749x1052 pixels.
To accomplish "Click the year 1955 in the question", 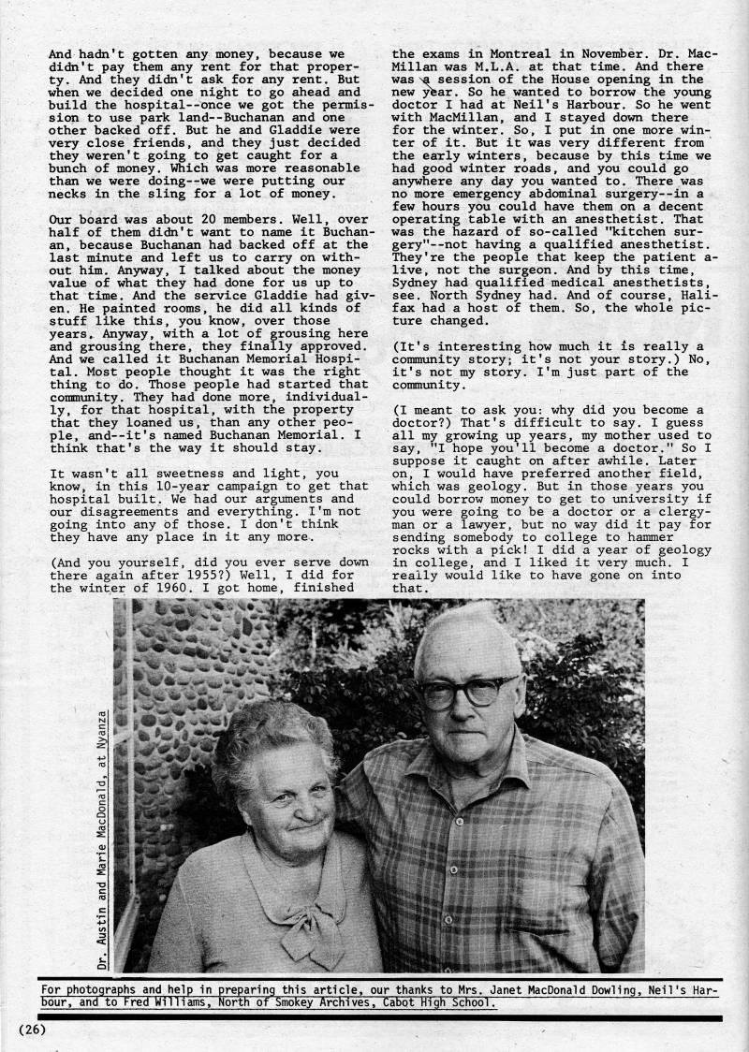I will pos(218,575).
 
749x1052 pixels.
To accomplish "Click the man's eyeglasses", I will pos(465,690).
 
